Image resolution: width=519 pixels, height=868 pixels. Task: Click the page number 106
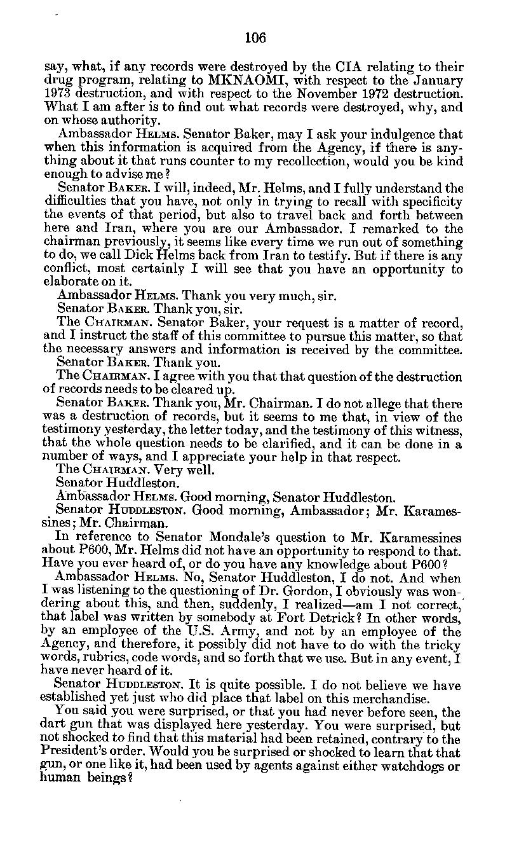tap(255, 38)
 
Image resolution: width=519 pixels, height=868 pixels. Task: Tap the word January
tap(435, 81)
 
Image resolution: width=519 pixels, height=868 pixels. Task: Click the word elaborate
tap(68, 282)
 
